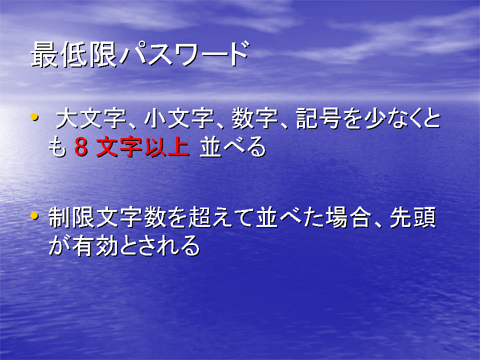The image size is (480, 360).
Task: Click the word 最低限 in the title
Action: [74, 54]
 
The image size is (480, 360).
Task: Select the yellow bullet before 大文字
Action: [34, 116]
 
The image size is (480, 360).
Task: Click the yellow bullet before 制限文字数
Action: [34, 216]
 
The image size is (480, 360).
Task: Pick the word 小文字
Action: [179, 118]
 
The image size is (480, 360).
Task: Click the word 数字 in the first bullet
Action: [254, 118]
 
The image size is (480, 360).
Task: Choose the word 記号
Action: [319, 118]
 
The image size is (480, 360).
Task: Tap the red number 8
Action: [81, 147]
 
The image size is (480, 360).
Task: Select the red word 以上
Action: [166, 147]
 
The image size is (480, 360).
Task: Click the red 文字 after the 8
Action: [119, 147]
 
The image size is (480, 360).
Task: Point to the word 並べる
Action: [232, 147]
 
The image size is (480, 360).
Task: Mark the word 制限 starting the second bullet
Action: [71, 217]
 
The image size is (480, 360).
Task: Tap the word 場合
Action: [348, 217]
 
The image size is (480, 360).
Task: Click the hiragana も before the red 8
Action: [57, 147]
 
